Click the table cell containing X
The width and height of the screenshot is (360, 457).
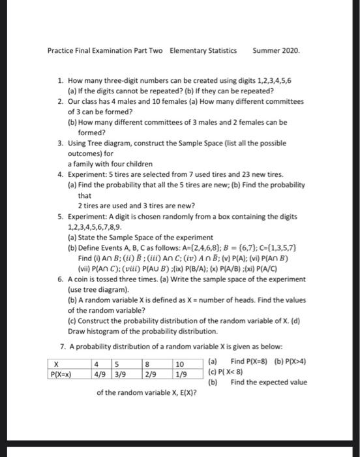[57, 364]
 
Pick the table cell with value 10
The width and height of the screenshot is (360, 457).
[181, 364]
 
